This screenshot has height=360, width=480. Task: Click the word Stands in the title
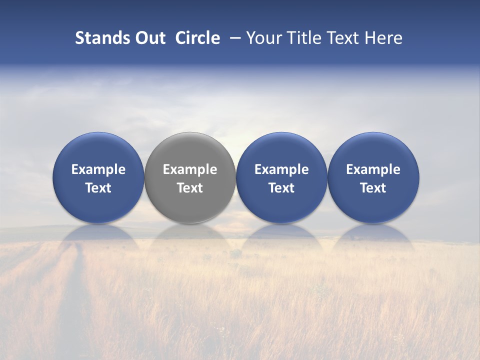pos(101,38)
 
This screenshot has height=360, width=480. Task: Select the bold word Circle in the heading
pos(197,38)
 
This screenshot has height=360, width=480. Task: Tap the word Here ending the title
pos(384,38)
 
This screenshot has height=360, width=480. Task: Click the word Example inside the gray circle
pos(190,169)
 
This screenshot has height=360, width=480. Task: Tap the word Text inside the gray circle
pos(190,188)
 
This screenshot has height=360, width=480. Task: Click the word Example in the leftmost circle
pos(98,169)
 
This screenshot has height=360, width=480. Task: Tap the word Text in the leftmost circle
pos(98,188)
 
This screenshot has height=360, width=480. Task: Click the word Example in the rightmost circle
pos(373,169)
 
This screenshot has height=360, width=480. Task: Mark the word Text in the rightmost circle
pos(373,188)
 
